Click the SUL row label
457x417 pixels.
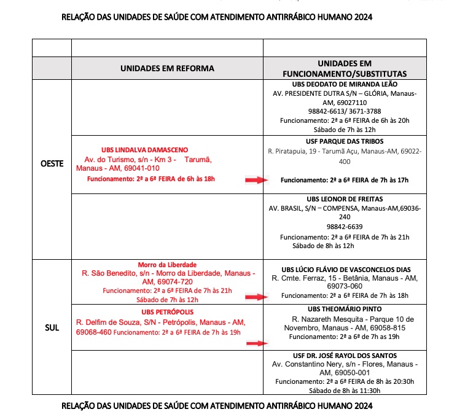[52, 327]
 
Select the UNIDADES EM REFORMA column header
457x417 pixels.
[167, 68]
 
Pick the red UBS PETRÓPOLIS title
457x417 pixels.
[166, 311]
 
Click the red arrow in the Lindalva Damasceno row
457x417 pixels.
[257, 180]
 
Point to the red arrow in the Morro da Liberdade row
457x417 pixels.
[257, 297]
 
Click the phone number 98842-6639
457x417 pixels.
[344, 226]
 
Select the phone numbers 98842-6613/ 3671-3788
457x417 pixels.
[344, 111]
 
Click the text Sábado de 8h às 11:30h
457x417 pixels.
[345, 390]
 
